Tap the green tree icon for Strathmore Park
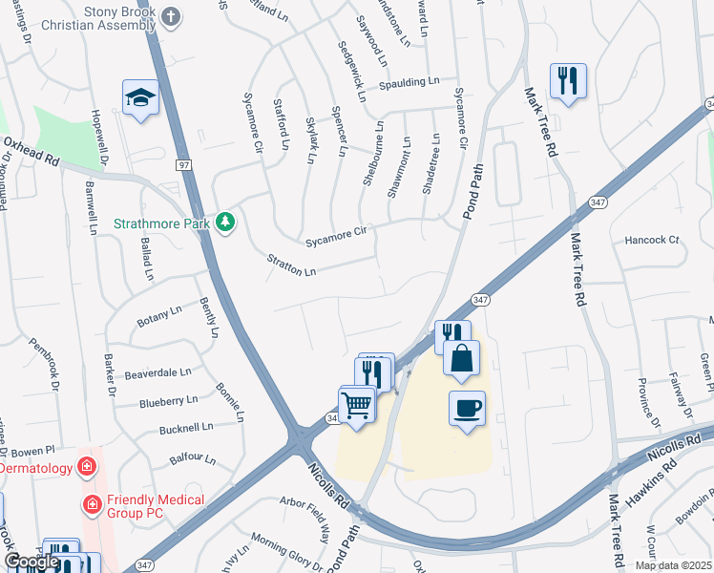[x=225, y=222]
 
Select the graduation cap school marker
[x=140, y=97]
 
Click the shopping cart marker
[x=357, y=405]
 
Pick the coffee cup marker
[x=467, y=409]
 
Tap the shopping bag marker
[x=461, y=359]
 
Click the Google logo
[x=32, y=562]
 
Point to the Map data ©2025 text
[x=674, y=565]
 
